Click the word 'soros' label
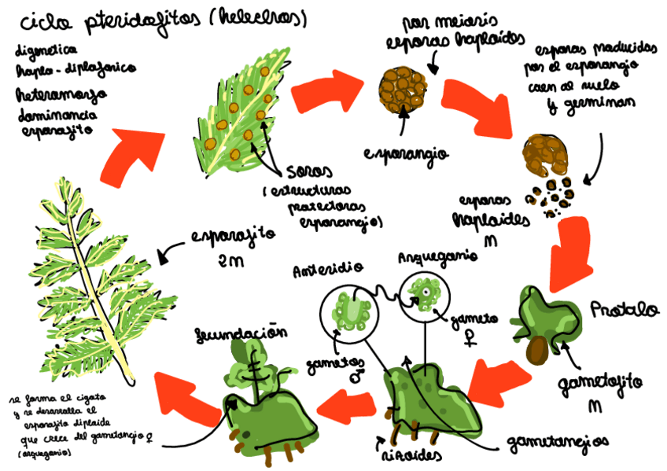(x=308, y=171)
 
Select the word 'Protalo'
(x=625, y=308)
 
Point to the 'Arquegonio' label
(x=428, y=257)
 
